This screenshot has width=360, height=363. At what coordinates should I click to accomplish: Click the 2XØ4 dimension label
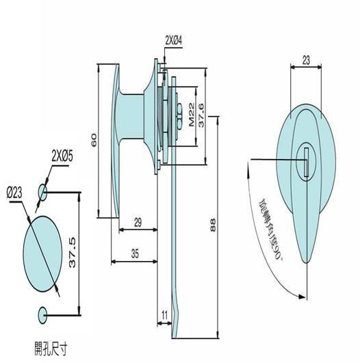coord(174,40)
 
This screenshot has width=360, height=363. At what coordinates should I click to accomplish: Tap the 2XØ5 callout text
coord(62,156)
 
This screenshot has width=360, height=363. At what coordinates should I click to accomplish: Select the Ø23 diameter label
coord(14,193)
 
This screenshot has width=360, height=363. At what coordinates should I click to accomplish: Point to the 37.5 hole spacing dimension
coord(73,253)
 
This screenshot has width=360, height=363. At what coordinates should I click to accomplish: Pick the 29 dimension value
coord(138,223)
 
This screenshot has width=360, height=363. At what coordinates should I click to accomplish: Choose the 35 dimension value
coord(135,253)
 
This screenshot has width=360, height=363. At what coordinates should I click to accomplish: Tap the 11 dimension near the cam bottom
coord(164,315)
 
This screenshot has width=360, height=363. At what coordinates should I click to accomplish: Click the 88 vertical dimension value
coord(213,225)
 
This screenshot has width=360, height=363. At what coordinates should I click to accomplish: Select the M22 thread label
coord(192,115)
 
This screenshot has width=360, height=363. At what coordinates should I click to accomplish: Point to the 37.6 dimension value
coord(201,116)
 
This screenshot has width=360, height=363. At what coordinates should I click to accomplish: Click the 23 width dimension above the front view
coord(306,61)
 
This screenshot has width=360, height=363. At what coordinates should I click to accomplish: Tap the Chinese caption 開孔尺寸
coord(51,349)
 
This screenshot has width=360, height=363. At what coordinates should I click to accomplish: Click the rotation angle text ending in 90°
coord(271,230)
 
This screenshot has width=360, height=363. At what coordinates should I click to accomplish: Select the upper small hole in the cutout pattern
coord(42,192)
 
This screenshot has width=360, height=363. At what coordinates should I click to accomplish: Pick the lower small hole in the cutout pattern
coord(42,315)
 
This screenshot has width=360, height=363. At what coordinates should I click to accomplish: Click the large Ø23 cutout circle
coord(43,254)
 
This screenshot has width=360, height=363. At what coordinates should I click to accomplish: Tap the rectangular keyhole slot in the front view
coord(307,162)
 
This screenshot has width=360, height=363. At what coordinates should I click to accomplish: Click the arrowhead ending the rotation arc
coord(302,297)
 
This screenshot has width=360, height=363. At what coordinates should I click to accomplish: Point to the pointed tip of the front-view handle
coord(306,263)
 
